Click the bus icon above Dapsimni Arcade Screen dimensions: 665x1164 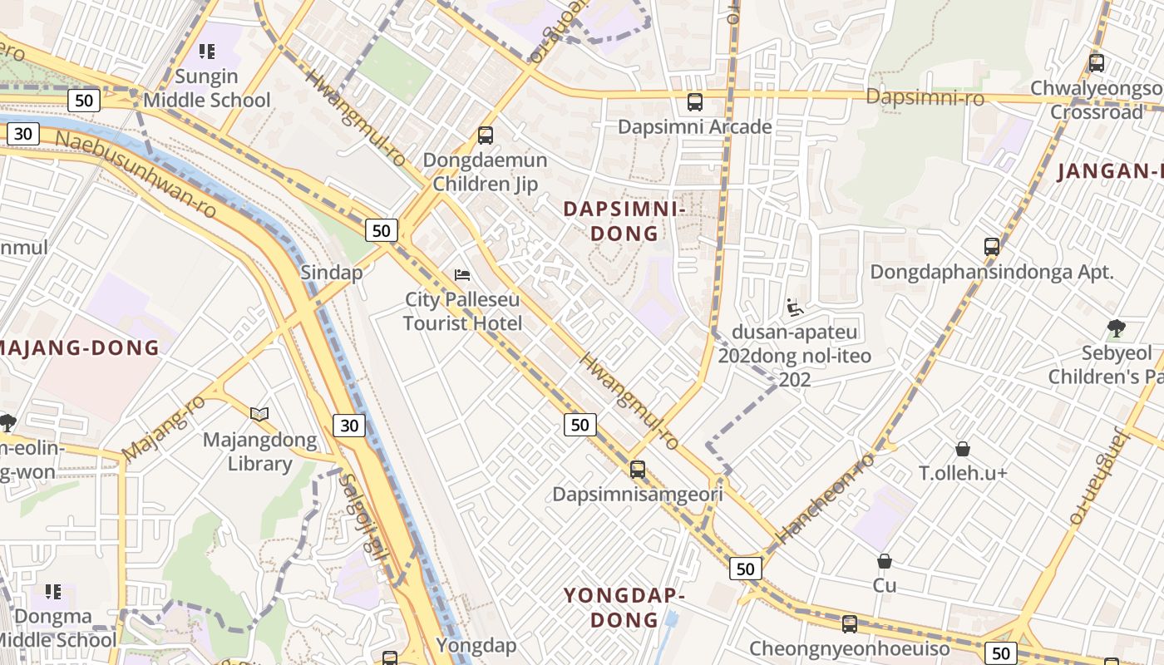point(695,102)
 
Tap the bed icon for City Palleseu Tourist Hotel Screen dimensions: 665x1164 point(462,275)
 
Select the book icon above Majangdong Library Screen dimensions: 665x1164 point(259,414)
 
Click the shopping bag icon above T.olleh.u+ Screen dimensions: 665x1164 point(963,449)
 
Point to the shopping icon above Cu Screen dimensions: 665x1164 point(885,561)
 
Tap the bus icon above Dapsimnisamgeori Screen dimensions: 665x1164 point(638,470)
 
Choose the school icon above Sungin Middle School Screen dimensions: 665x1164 point(207,52)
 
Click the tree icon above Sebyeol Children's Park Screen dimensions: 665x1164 point(1116,328)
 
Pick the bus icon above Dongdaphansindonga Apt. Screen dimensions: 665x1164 point(991,247)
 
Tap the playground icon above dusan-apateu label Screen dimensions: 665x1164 point(794,308)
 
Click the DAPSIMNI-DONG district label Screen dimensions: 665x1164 point(624,221)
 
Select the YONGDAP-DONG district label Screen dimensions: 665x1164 point(624,608)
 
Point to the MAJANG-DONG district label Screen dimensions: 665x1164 point(80,347)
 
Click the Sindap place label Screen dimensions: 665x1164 point(332,273)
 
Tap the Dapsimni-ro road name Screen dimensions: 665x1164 point(925,97)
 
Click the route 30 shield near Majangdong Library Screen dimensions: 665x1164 point(349,426)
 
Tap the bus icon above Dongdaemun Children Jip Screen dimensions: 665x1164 point(486,135)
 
